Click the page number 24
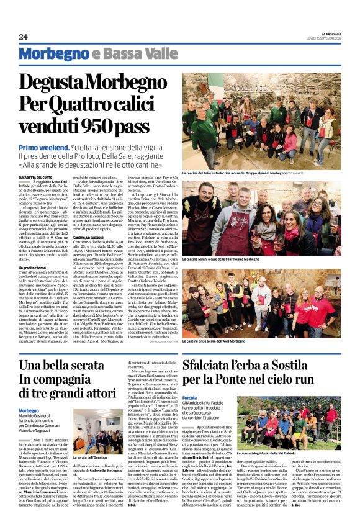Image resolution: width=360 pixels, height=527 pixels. (23, 37)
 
